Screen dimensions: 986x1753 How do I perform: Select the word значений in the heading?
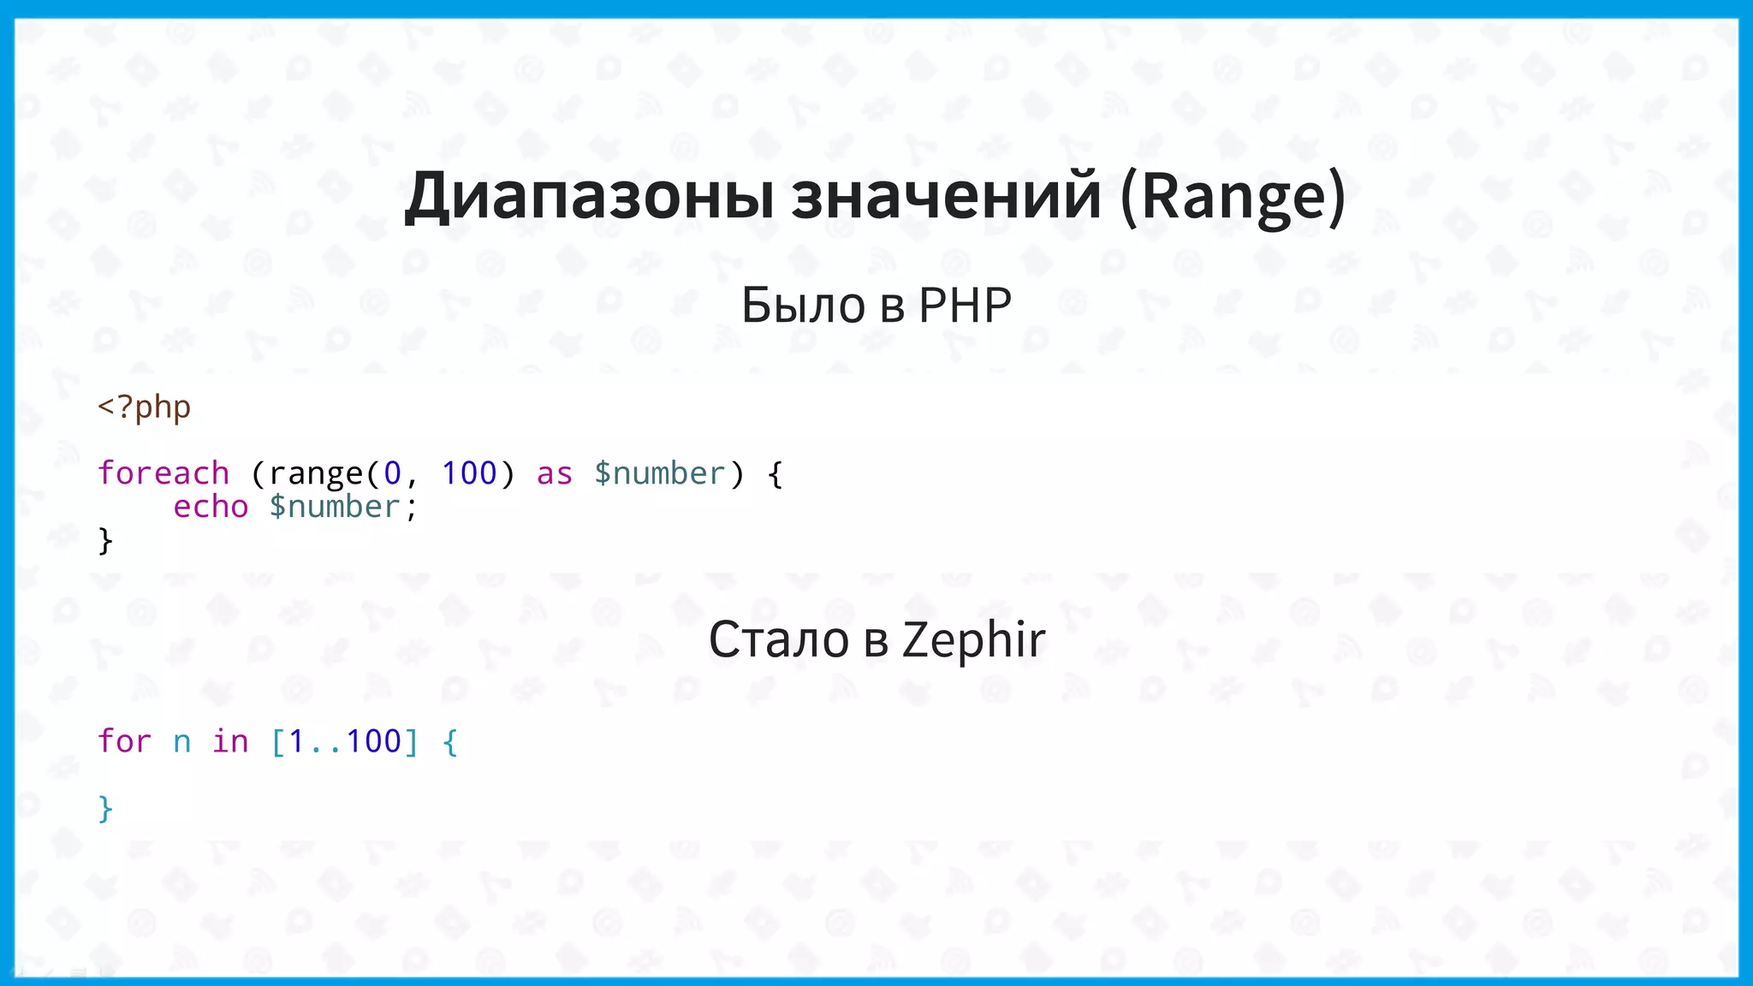tap(945, 197)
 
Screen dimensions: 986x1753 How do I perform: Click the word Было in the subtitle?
tap(803, 305)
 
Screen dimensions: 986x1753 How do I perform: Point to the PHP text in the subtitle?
tap(965, 305)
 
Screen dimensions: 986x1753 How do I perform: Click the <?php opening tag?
tap(144, 407)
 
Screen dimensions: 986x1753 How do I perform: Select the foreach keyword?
tap(163, 473)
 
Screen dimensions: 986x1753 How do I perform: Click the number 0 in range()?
tap(392, 473)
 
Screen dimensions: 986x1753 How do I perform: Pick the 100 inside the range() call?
tap(468, 473)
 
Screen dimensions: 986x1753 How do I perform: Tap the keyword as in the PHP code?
tap(554, 473)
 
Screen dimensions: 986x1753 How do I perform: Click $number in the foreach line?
tap(659, 473)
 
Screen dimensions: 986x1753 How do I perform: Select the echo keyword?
tap(211, 507)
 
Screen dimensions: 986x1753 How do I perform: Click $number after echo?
tap(335, 507)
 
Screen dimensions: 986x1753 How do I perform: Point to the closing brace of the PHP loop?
tap(105, 541)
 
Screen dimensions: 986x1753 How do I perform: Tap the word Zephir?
tap(973, 639)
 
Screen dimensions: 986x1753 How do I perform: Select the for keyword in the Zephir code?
tap(125, 741)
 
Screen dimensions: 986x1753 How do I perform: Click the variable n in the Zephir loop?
tap(181, 742)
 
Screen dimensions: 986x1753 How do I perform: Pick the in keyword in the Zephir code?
tap(230, 741)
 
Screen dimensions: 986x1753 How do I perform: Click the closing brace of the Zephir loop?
tap(105, 809)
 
